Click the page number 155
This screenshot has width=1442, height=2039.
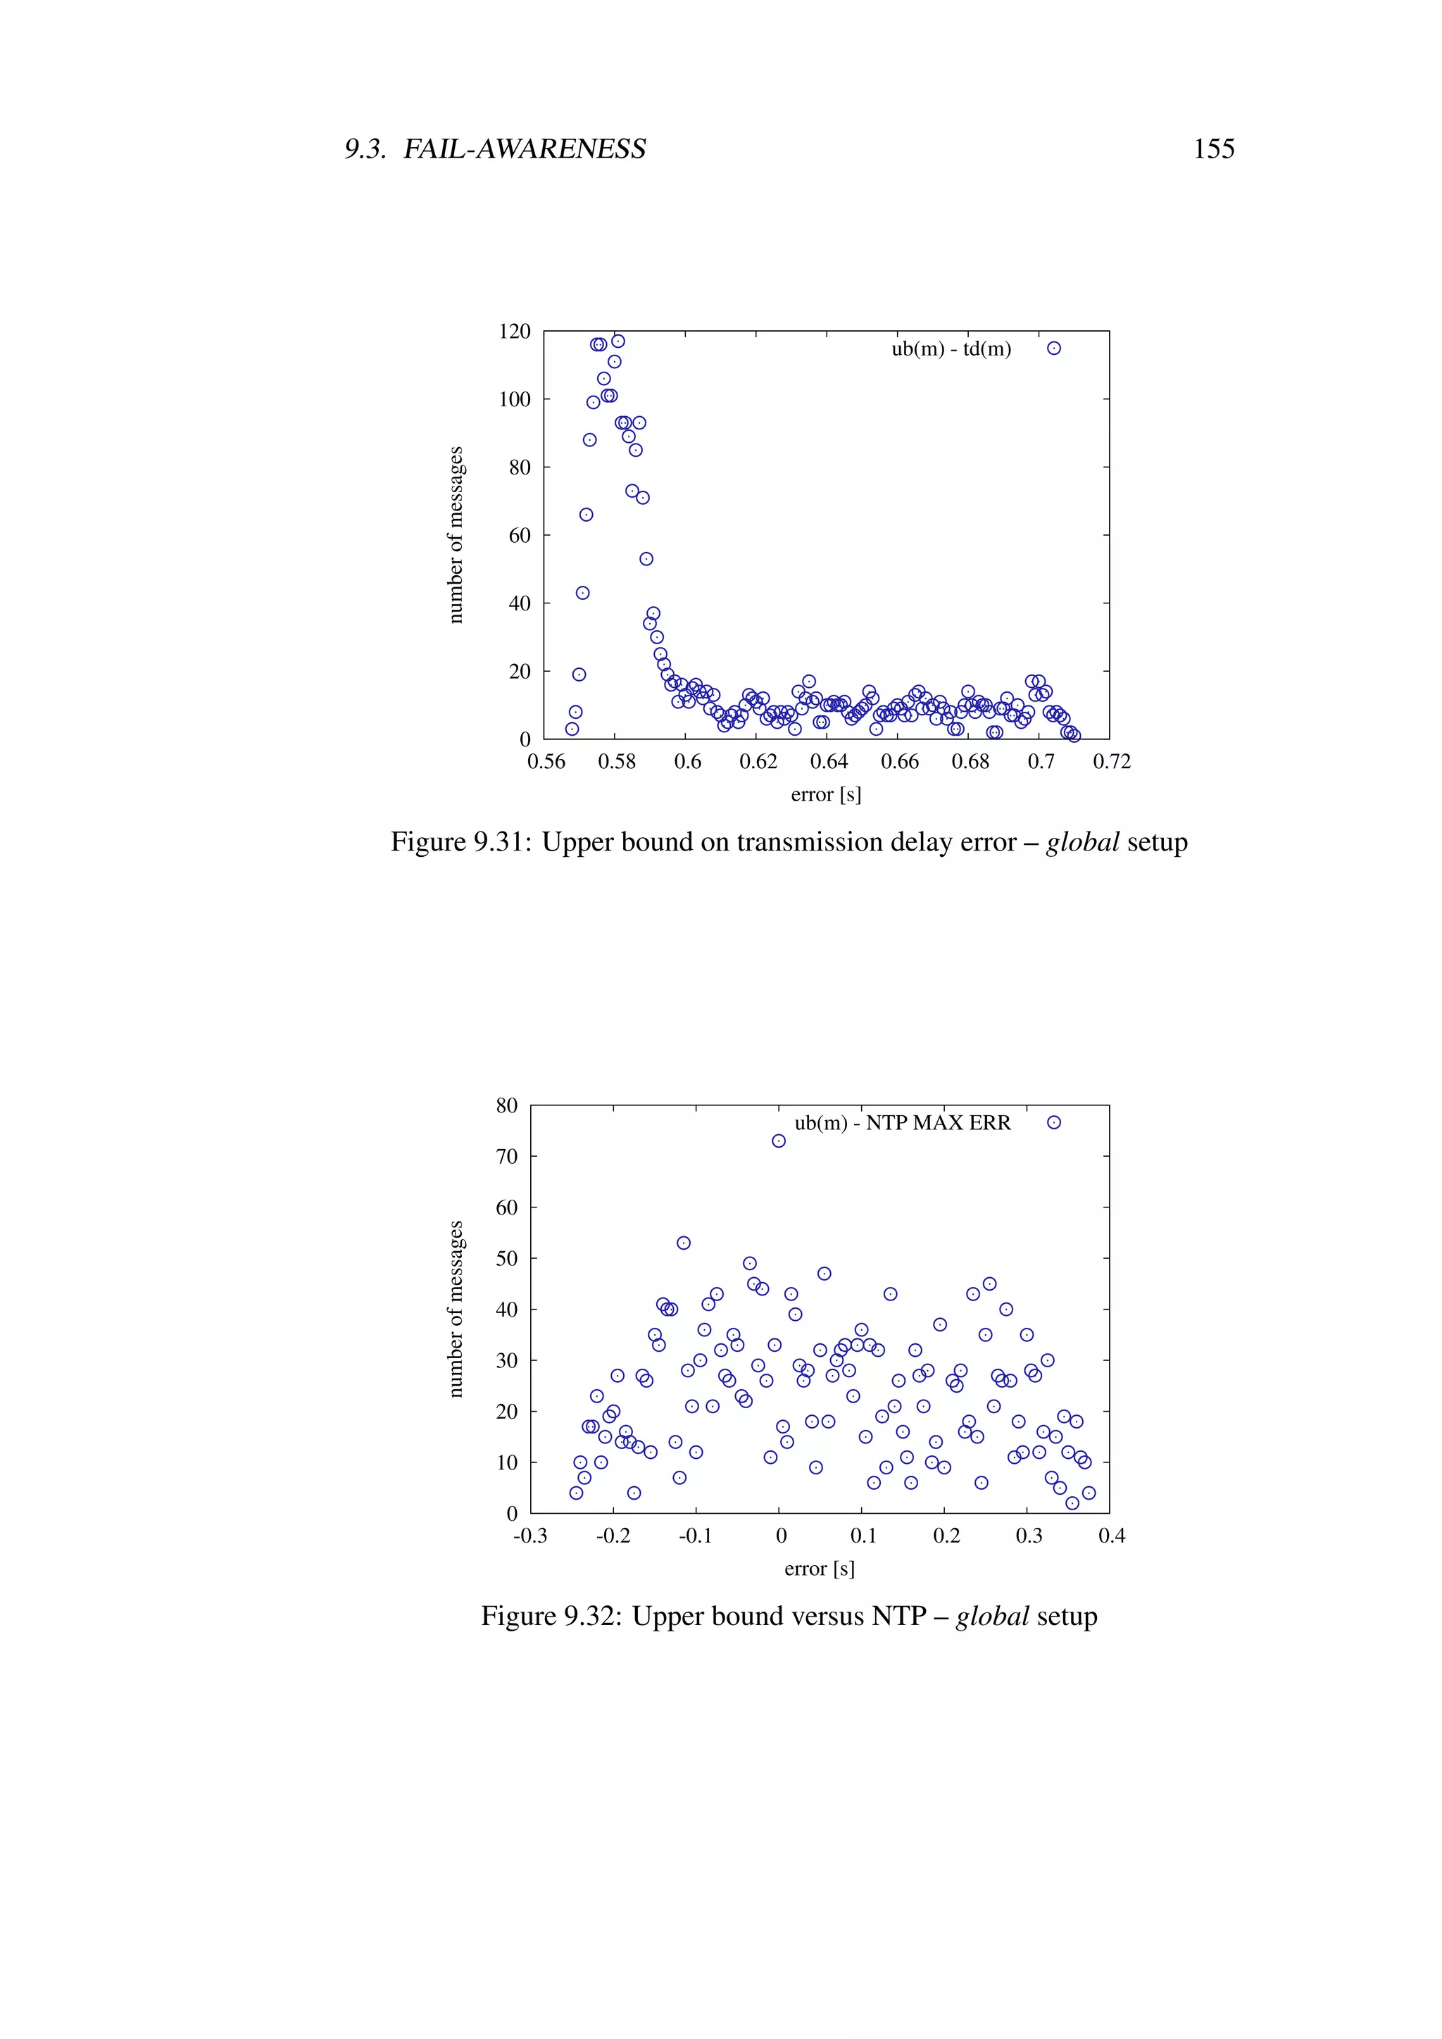point(1213,149)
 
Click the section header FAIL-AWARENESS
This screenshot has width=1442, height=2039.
point(524,149)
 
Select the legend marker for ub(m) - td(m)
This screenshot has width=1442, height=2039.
point(1053,348)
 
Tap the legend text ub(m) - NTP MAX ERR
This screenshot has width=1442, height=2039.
point(902,1122)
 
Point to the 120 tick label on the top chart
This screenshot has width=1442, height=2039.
point(514,331)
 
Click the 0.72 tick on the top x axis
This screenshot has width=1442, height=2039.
point(1111,762)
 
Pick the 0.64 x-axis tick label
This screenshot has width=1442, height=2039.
point(829,762)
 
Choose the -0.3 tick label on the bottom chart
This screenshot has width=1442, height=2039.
point(530,1536)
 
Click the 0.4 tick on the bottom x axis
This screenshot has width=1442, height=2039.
point(1111,1536)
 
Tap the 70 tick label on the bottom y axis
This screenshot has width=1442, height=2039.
point(506,1156)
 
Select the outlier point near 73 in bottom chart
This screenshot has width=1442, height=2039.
point(779,1141)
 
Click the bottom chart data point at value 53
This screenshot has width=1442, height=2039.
point(684,1243)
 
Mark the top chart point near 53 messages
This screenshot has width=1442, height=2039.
point(646,558)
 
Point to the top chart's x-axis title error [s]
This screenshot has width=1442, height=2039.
point(826,795)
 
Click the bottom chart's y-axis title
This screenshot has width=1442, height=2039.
point(456,1309)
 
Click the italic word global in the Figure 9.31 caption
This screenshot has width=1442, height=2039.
point(1081,842)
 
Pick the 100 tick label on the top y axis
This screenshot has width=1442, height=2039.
point(514,400)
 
